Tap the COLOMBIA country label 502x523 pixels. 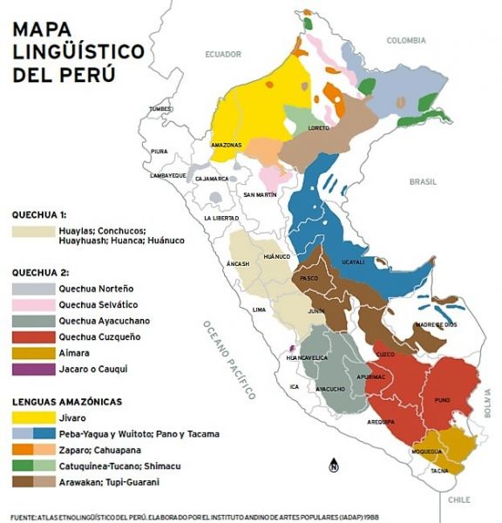[x=405, y=40]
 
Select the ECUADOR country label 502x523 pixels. [x=222, y=54]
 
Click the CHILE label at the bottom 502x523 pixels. [x=458, y=499]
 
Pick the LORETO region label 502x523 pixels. [x=319, y=128]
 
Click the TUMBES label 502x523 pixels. [x=160, y=109]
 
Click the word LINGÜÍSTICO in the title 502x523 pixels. [x=78, y=51]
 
